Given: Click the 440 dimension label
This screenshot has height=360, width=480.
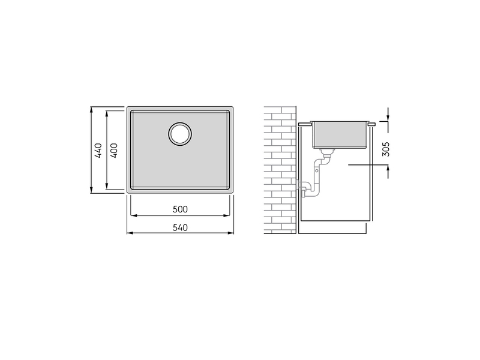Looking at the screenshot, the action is click(98, 151).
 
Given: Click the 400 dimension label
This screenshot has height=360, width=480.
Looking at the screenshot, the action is click(113, 151).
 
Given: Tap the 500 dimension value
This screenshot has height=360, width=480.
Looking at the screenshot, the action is click(180, 209).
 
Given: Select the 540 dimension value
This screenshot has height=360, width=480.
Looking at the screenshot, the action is click(180, 228).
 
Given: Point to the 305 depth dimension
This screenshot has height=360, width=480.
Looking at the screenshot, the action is click(386, 149).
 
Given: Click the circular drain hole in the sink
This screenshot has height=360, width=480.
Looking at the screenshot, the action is click(180, 134).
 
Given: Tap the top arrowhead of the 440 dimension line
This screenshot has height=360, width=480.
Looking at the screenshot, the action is click(91, 110).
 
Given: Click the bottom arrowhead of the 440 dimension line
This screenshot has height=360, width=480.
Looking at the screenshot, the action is click(91, 190).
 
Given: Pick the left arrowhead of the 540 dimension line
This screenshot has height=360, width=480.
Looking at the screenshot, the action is click(130, 233).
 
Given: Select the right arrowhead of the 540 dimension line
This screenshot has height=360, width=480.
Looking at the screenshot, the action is click(230, 233).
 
